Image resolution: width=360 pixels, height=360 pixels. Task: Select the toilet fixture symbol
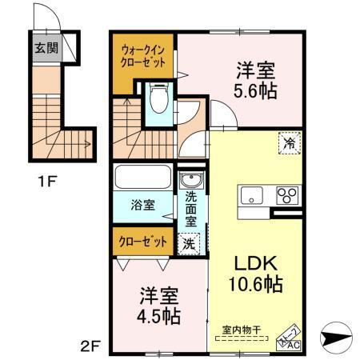pos(158,101)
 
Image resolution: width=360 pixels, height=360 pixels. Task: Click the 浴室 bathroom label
pos(143,204)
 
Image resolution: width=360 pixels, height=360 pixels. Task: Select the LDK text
pos(255,263)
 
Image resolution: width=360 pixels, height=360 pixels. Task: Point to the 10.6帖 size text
pos(255,285)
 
